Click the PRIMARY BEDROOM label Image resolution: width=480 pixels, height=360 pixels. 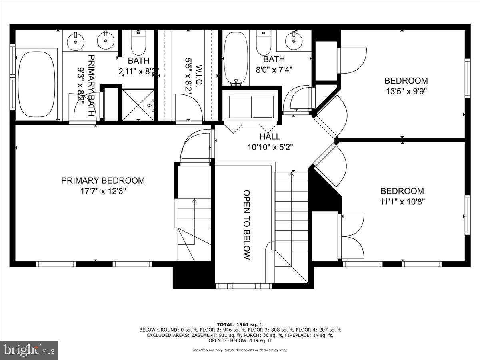[x=103, y=180]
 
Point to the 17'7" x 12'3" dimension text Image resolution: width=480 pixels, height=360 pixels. [x=103, y=191]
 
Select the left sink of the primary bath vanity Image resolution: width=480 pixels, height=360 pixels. [x=75, y=40]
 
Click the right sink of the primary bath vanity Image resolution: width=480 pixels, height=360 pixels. [x=106, y=40]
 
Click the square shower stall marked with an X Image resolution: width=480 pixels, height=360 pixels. [x=138, y=105]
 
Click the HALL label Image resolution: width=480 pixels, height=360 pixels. [x=270, y=137]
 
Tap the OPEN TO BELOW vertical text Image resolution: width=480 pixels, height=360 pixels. [x=246, y=225]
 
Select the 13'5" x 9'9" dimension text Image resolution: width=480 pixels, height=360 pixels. [x=406, y=91]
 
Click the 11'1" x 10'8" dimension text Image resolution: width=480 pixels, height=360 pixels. [x=402, y=202]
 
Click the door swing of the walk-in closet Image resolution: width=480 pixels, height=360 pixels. [x=184, y=105]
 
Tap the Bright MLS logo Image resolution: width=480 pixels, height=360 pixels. [x=29, y=350]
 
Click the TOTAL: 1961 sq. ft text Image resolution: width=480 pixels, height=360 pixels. [x=240, y=324]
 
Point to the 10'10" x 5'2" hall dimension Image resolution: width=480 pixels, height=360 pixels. [x=270, y=147]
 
